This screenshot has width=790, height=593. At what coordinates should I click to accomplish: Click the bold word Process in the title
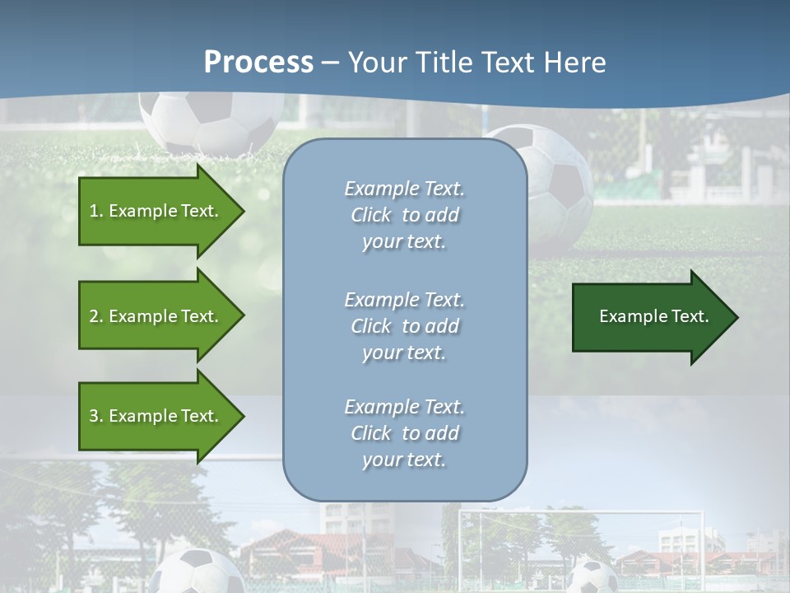[x=258, y=63]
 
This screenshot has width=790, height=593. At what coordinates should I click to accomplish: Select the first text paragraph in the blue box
[x=404, y=215]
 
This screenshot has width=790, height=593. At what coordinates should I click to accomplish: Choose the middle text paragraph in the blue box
[x=404, y=326]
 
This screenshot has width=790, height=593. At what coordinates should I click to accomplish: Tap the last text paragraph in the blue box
[x=404, y=433]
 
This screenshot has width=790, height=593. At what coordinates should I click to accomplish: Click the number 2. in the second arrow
[x=96, y=316]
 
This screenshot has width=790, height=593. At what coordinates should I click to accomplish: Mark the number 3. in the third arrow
[x=96, y=416]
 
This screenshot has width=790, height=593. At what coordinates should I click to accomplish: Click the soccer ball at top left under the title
[x=209, y=122]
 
